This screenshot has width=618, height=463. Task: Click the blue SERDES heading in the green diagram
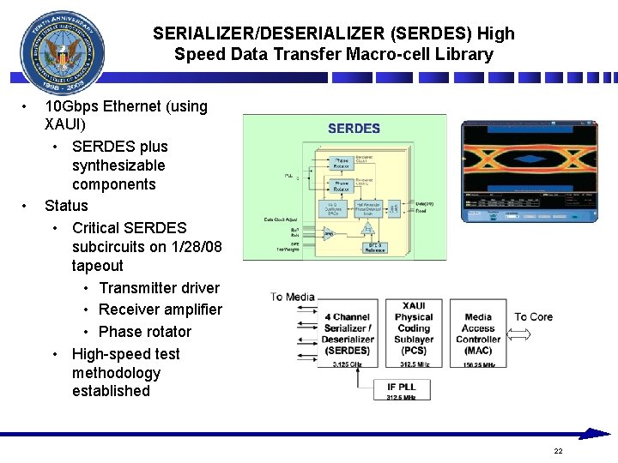click(x=354, y=129)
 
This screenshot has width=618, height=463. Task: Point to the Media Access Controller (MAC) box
click(x=478, y=334)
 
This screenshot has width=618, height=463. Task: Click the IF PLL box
click(x=402, y=390)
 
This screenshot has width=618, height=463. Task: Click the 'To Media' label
click(x=293, y=297)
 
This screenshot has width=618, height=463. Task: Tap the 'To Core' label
click(x=533, y=316)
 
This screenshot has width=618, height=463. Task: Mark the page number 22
click(x=558, y=451)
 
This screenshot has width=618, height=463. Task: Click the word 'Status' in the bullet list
click(x=66, y=206)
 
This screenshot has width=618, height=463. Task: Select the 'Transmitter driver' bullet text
click(x=159, y=288)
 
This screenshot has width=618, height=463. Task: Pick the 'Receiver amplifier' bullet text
click(x=161, y=310)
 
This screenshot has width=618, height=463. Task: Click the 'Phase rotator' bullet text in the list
click(x=145, y=332)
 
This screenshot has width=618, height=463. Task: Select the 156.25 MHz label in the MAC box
click(x=478, y=364)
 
